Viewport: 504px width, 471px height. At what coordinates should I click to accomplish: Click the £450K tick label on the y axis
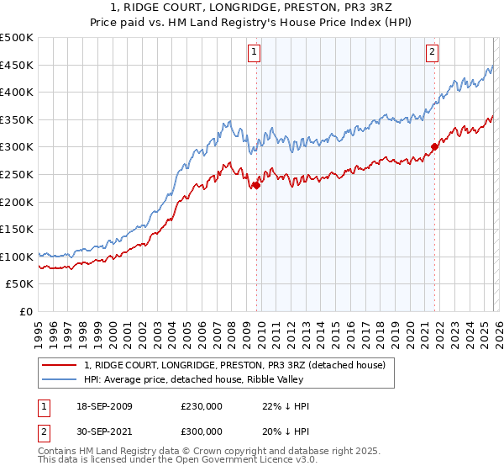pyautogui.click(x=17, y=65)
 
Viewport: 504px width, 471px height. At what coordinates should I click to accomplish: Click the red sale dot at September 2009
pyautogui.click(x=256, y=186)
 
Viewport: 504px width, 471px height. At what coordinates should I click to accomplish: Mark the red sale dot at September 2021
pyautogui.click(x=434, y=147)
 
